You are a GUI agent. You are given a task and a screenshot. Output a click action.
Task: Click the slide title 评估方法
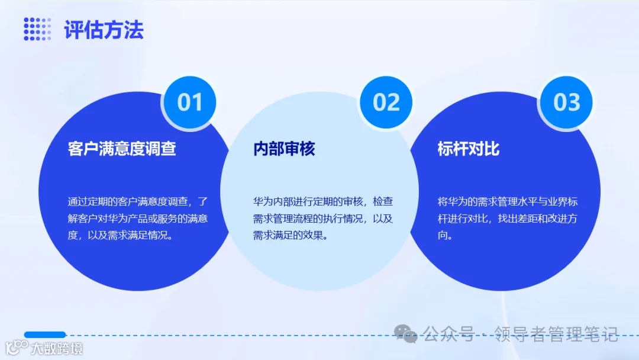point(104,30)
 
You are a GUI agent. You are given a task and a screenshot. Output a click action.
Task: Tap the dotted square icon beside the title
point(37,30)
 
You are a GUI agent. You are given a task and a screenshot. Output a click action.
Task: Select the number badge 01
point(190,102)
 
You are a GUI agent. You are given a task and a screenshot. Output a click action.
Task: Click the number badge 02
point(386,102)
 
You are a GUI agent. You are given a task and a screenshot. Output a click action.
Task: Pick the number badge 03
point(567,102)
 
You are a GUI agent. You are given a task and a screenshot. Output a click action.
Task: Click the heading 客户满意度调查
point(122,148)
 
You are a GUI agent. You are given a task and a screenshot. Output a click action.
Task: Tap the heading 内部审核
point(284,148)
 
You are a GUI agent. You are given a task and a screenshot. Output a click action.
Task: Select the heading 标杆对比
point(469,148)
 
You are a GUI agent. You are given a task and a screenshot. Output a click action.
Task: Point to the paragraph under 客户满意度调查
point(137,218)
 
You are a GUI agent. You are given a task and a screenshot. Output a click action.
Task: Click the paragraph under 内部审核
point(322,218)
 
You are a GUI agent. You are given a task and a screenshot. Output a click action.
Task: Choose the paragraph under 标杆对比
point(507,218)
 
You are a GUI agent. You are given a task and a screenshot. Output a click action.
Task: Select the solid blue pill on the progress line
point(45,335)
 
